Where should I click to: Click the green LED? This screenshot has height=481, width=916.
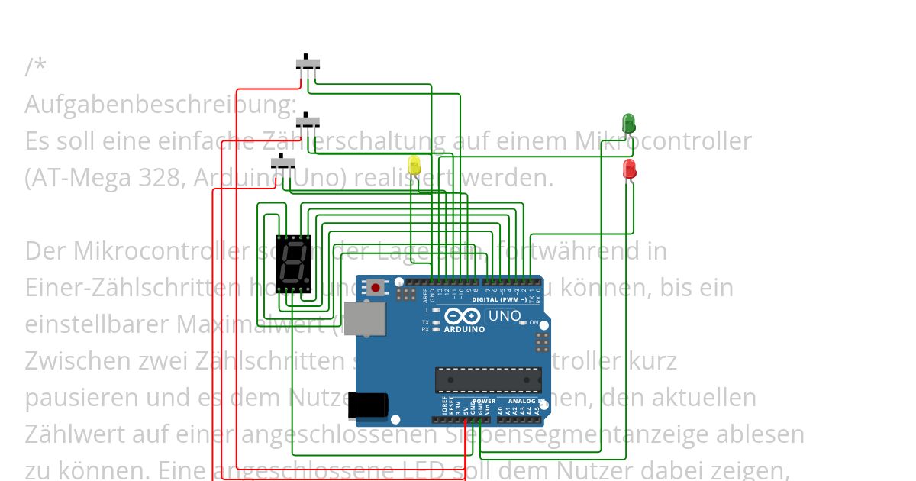click(x=628, y=123)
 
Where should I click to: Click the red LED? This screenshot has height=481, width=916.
click(x=629, y=169)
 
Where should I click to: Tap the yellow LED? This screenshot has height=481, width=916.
click(x=414, y=165)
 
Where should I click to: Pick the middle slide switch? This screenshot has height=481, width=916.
click(x=308, y=121)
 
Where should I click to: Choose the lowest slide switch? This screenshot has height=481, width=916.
click(x=284, y=163)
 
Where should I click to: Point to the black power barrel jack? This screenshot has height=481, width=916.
click(x=367, y=406)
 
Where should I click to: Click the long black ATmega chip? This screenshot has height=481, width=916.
click(x=488, y=379)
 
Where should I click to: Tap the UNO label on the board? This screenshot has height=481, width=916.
click(x=504, y=316)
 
